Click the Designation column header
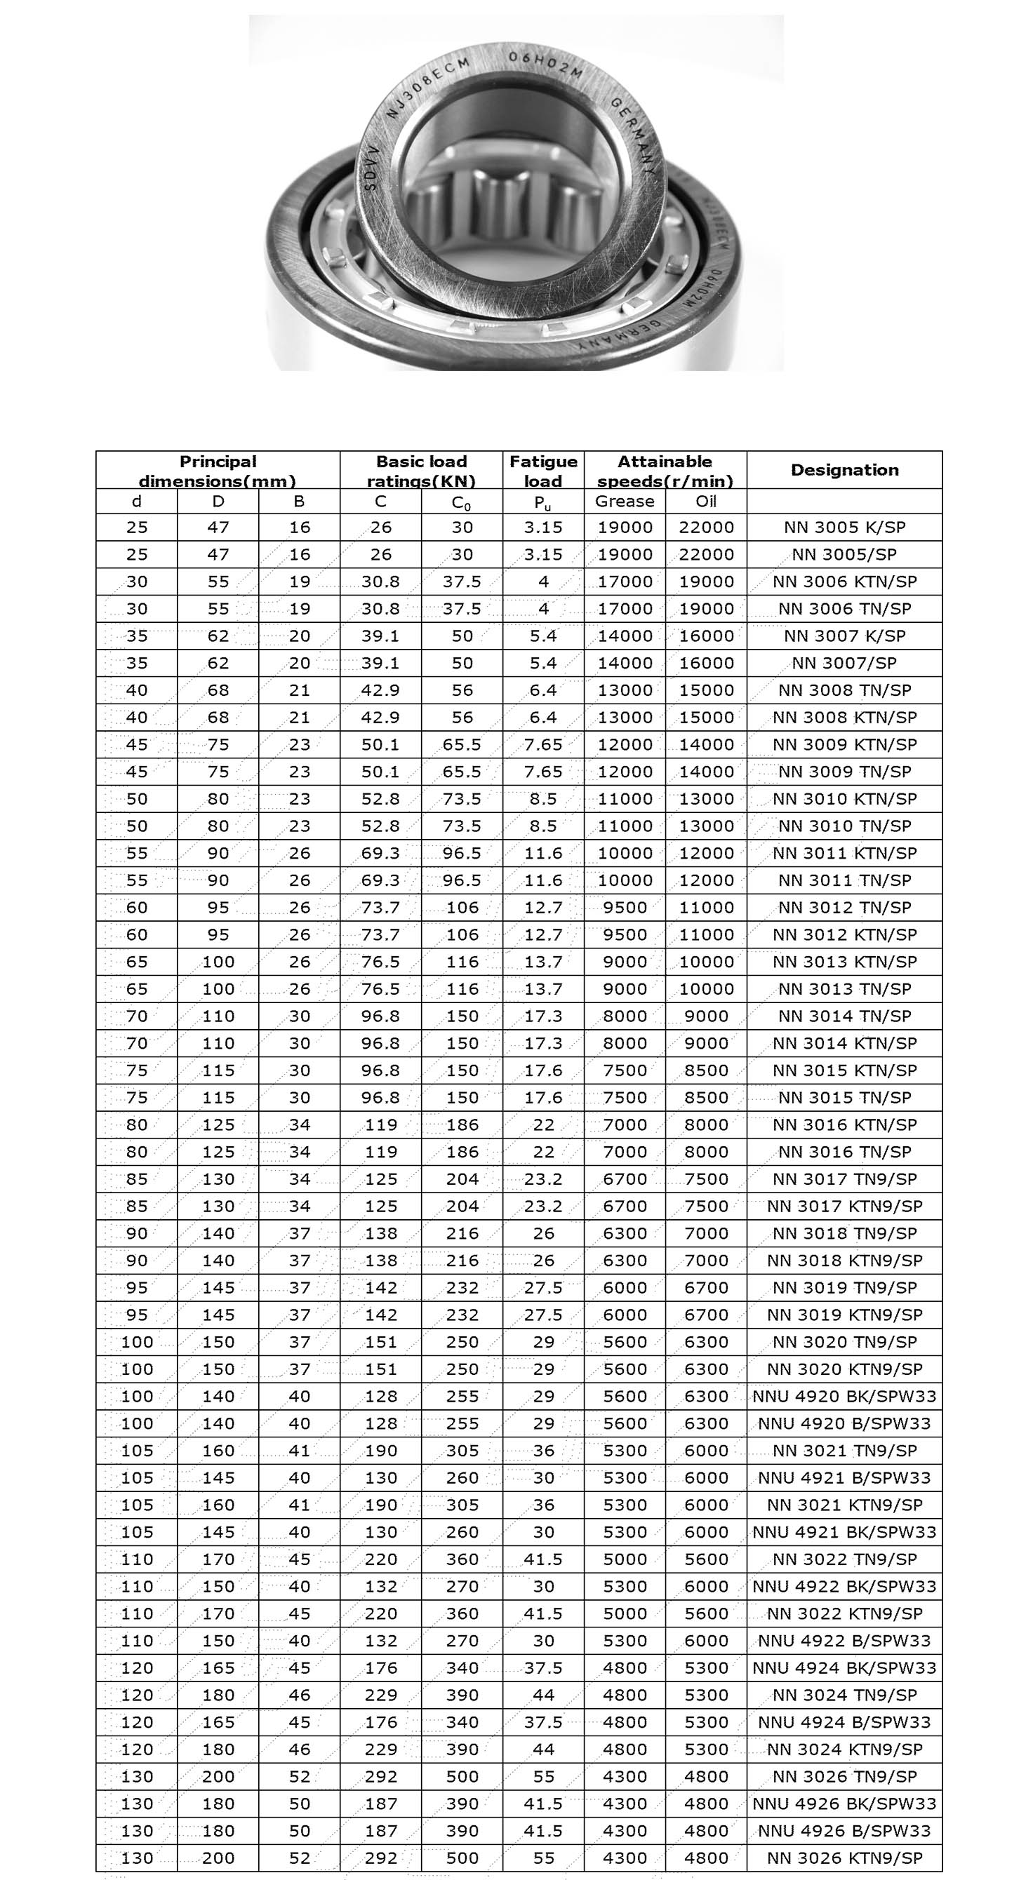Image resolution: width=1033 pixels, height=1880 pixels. [844, 470]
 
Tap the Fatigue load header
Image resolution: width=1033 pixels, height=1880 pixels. [543, 471]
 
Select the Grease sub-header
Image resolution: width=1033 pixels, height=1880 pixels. [624, 502]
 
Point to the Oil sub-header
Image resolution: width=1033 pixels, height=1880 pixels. [706, 502]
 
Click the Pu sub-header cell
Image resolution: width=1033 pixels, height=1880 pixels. [543, 502]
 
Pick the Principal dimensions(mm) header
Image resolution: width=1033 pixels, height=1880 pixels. [218, 471]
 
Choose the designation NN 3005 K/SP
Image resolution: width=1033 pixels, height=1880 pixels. [844, 528]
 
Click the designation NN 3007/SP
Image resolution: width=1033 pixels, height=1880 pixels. [844, 664]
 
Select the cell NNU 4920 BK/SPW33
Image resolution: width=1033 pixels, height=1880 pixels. [844, 1396]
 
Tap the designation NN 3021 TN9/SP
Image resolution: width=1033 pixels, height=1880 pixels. [844, 1450]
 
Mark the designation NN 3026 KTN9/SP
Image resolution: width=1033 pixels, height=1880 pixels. [844, 1858]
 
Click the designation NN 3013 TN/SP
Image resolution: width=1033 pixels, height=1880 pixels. [844, 989]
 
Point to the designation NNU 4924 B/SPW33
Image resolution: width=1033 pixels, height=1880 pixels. [844, 1721]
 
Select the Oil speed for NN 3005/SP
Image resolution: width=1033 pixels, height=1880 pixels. [706, 555]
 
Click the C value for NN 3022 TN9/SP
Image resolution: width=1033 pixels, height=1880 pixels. [380, 1559]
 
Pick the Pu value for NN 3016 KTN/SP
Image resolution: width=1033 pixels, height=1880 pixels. [543, 1124]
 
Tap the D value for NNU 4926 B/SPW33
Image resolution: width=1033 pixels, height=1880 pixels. [218, 1830]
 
